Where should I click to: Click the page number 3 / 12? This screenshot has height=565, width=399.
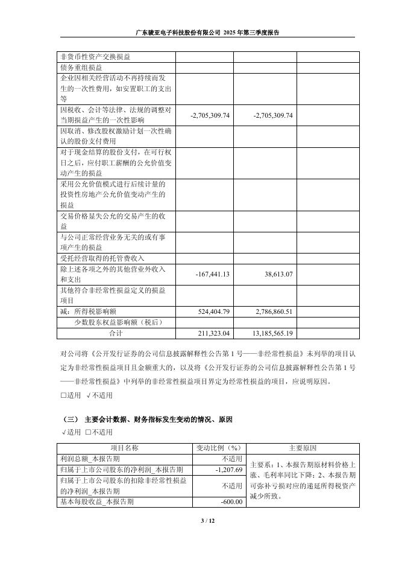tap(199, 520)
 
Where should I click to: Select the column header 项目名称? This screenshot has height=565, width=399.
tap(125, 448)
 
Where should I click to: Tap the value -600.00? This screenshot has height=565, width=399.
tap(231, 502)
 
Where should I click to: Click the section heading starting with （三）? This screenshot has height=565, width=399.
tap(147, 418)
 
